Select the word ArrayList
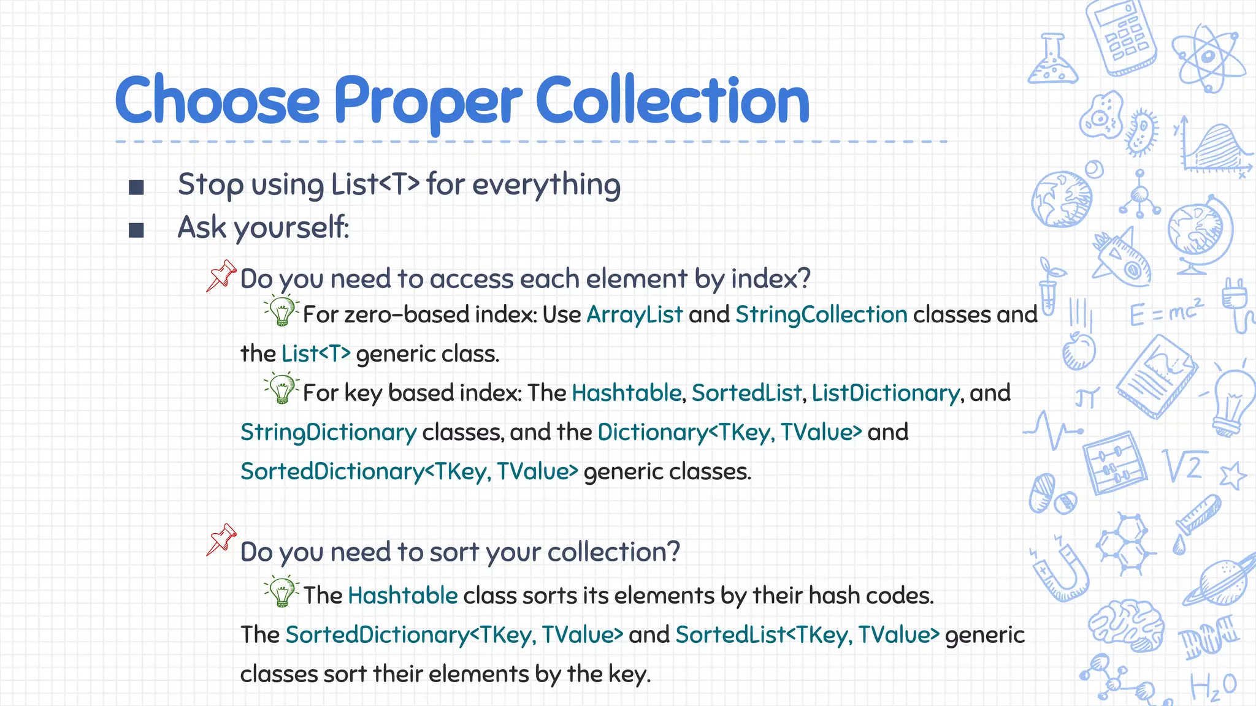[634, 314]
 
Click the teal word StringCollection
[821, 314]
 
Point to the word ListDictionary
[886, 393]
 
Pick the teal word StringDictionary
[328, 433]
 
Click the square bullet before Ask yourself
[136, 230]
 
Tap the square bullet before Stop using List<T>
[136, 187]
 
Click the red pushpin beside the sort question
[221, 539]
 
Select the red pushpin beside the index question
[221, 275]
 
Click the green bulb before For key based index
[281, 389]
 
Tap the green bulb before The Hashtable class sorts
[281, 591]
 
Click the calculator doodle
[1121, 37]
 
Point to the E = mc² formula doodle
[1166, 313]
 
